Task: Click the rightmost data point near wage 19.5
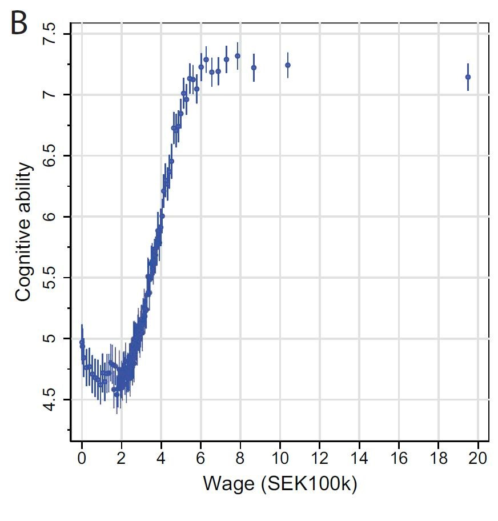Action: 468,77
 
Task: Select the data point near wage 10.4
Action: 288,65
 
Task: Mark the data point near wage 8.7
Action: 254,67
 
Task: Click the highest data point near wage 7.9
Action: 238,56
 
